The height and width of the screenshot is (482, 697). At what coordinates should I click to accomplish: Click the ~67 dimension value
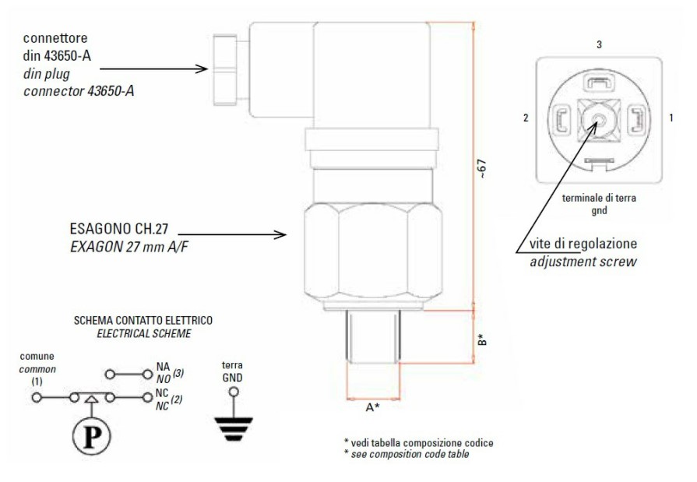(x=483, y=169)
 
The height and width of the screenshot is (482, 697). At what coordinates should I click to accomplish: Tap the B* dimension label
(x=483, y=340)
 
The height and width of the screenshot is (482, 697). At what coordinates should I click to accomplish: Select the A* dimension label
(x=372, y=406)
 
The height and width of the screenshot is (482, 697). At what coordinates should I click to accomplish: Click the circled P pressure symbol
(x=92, y=437)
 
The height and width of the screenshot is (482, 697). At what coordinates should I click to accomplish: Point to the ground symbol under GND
(x=234, y=429)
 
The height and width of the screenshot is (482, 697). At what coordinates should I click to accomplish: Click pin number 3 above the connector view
(x=599, y=44)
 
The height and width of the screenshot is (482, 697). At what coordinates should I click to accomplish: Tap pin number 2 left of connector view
(x=526, y=118)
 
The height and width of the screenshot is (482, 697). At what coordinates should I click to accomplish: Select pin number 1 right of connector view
(x=671, y=118)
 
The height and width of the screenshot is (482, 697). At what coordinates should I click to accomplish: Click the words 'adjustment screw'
(x=583, y=262)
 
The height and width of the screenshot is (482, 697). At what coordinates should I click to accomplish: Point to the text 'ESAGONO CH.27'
(x=119, y=229)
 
